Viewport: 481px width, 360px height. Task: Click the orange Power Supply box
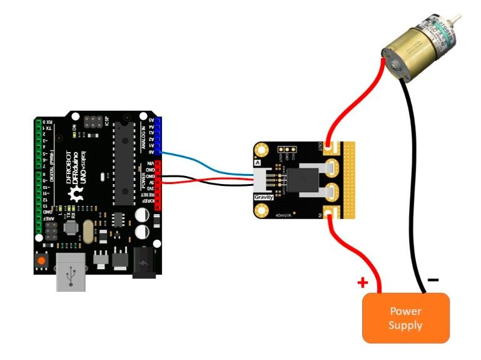pos(405,317)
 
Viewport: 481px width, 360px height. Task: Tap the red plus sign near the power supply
pos(362,283)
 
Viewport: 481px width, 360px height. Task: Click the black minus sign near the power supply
pos(433,280)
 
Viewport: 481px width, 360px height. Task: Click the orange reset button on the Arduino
pos(42,260)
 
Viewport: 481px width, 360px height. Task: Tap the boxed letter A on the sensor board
pos(258,163)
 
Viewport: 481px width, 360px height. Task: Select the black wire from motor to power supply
pos(415,188)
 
